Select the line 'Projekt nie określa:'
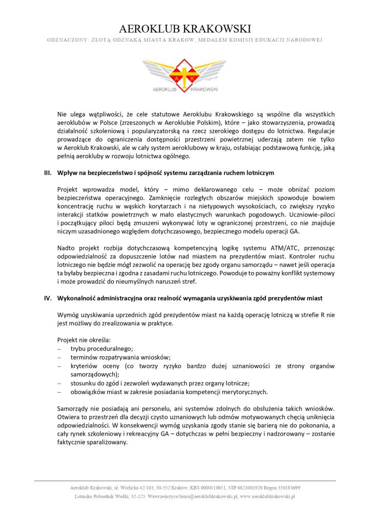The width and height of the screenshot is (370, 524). coord(84,340)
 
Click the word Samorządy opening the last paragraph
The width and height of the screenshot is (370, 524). coord(75,409)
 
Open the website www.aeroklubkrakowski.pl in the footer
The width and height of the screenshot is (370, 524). coord(266,496)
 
